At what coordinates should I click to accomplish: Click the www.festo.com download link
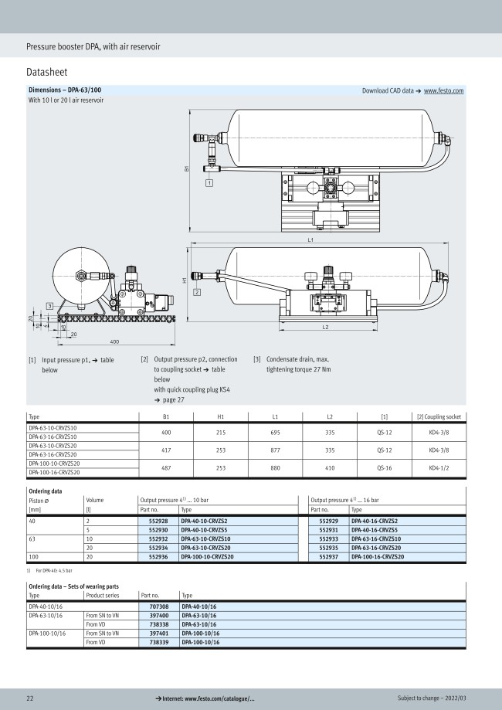pos(443,91)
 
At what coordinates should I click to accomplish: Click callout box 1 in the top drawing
pos(209,183)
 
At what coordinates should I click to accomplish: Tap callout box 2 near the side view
pos(197,293)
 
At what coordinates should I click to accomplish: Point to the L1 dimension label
pos(310,241)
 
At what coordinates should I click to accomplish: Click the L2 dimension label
pos(325,328)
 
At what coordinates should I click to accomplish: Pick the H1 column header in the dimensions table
pos(220,416)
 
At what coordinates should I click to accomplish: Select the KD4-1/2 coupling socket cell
pos(439,467)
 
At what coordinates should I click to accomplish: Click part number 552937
pos(328,555)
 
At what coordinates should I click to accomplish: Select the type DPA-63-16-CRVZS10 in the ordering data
pos(378,538)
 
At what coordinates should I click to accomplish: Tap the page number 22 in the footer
pos(30,698)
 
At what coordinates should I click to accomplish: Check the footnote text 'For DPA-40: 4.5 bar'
pos(53,570)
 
